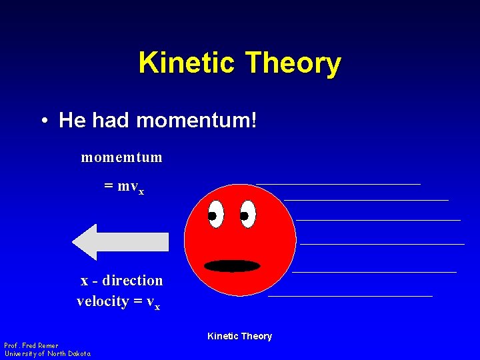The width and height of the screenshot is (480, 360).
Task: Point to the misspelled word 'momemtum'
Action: click(121, 157)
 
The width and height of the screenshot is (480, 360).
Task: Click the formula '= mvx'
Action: click(124, 187)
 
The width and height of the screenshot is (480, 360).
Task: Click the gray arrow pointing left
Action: click(120, 242)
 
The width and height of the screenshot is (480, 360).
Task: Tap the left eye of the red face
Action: click(215, 215)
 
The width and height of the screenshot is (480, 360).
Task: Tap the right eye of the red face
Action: click(247, 215)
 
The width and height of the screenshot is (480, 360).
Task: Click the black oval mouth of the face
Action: click(232, 266)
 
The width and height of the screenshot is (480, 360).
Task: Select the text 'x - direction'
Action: click(121, 280)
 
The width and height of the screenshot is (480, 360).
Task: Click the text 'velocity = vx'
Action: click(118, 301)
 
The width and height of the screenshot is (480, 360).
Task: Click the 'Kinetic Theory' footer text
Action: click(239, 336)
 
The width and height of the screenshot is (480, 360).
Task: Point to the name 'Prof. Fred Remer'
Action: click(31, 345)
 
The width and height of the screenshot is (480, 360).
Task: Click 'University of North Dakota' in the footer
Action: click(47, 353)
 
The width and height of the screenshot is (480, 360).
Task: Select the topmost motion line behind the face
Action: click(338, 183)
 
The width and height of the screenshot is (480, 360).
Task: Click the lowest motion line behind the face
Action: click(350, 295)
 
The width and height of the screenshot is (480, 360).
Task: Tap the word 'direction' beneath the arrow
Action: click(133, 280)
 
